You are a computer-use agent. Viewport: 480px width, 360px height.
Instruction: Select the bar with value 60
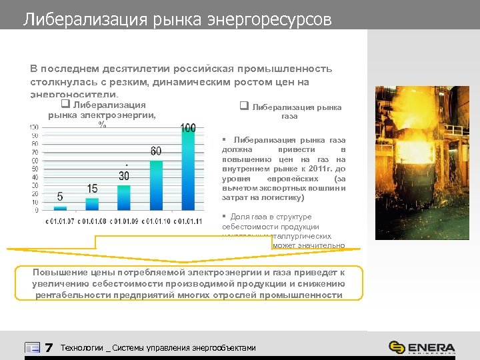coord(155,184)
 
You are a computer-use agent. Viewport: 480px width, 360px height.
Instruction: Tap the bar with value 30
coord(124,197)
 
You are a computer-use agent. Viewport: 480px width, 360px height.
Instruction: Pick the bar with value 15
coord(92,203)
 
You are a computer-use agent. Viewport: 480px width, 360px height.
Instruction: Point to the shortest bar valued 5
coord(60,207)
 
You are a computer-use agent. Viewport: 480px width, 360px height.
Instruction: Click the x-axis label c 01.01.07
coord(60,221)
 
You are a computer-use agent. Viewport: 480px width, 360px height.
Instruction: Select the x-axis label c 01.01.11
coord(187,221)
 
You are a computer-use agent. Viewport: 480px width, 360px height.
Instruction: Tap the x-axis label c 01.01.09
coord(124,221)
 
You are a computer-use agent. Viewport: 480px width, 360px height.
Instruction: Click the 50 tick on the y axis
coord(33,168)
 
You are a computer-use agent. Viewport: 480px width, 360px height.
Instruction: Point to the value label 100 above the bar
coord(188,128)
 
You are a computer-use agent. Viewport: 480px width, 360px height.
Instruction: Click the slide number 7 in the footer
coord(48,347)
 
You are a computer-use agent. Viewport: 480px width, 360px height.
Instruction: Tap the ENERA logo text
coord(431,347)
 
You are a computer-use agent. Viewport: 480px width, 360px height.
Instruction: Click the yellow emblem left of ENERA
coord(397,347)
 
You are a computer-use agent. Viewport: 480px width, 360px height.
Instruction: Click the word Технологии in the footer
coord(82,347)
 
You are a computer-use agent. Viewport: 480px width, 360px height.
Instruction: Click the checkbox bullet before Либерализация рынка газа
coord(243,106)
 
